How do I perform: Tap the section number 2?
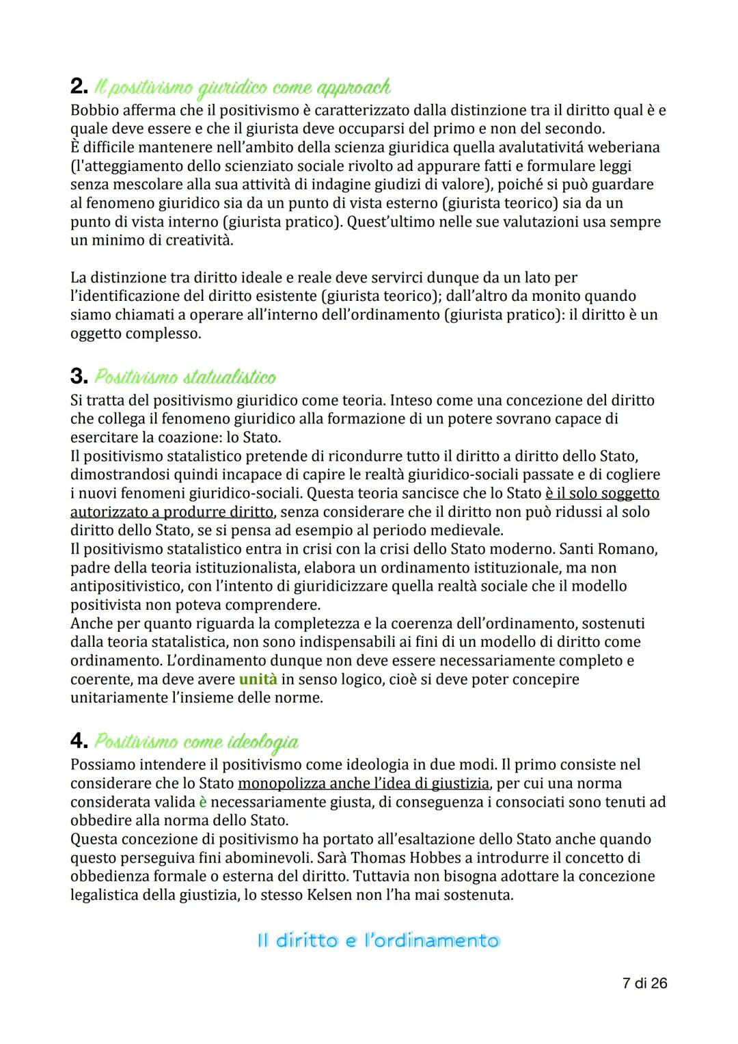click(79, 87)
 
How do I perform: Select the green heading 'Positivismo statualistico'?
click(185, 377)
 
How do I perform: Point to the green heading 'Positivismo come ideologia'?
click(196, 741)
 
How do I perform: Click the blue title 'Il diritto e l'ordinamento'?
click(378, 941)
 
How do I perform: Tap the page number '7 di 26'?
click(644, 983)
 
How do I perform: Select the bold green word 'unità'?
click(258, 680)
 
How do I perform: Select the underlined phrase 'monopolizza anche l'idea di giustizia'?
click(363, 784)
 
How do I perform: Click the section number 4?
click(79, 741)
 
